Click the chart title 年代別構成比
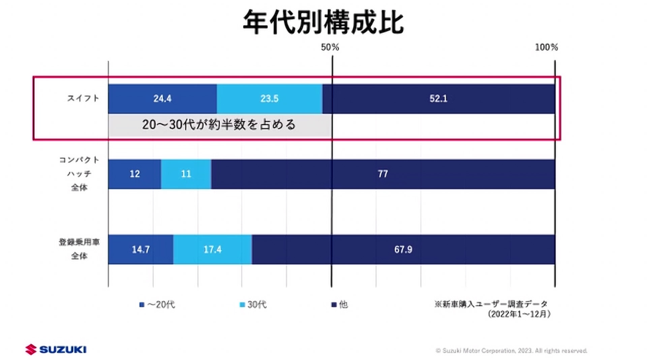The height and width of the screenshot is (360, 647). pyautogui.click(x=323, y=22)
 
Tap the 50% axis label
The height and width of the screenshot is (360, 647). pyautogui.click(x=330, y=47)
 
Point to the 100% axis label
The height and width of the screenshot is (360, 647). pyautogui.click(x=546, y=47)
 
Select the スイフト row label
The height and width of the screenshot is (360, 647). pyautogui.click(x=83, y=98)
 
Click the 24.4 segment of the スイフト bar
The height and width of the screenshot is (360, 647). pyautogui.click(x=162, y=99)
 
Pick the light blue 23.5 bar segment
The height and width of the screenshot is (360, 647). pyautogui.click(x=269, y=99)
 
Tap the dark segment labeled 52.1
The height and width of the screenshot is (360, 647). pyautogui.click(x=438, y=99)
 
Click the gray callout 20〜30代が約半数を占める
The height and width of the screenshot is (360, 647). pyautogui.click(x=219, y=125)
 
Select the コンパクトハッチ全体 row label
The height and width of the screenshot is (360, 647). pyautogui.click(x=79, y=173)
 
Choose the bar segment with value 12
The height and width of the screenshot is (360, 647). pyautogui.click(x=134, y=174)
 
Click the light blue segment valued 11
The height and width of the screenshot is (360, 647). pyautogui.click(x=186, y=174)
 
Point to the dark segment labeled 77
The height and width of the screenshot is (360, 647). pyautogui.click(x=383, y=174)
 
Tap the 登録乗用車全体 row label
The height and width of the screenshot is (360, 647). pyautogui.click(x=79, y=249)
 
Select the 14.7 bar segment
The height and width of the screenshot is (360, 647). pyautogui.click(x=141, y=250)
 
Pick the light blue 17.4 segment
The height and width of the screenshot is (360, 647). pyautogui.click(x=212, y=250)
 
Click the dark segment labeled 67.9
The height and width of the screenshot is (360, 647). pyautogui.click(x=403, y=250)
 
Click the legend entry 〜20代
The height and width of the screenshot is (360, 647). pyautogui.click(x=157, y=304)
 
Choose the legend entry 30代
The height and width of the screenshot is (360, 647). pyautogui.click(x=253, y=304)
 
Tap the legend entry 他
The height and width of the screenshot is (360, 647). pyautogui.click(x=340, y=304)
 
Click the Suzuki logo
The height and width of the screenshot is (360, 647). pyautogui.click(x=56, y=349)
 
